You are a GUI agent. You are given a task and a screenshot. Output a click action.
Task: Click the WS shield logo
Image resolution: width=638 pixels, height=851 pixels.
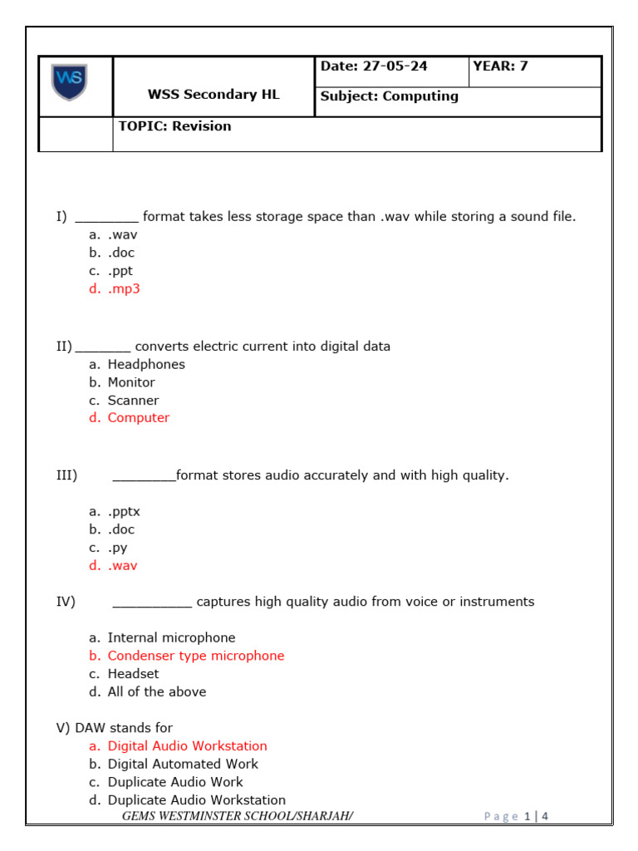tap(69, 82)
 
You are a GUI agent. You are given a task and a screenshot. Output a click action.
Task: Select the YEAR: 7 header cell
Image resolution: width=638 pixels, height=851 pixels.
tap(500, 66)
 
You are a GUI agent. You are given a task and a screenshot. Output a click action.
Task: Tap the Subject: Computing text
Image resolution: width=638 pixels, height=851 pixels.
tap(390, 96)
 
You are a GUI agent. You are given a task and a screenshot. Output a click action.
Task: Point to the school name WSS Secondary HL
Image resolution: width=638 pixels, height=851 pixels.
tap(213, 95)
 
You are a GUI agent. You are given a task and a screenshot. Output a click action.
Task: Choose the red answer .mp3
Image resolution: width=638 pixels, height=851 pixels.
tap(124, 289)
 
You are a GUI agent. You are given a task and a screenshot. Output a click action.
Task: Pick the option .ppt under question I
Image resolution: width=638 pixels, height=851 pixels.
tap(120, 271)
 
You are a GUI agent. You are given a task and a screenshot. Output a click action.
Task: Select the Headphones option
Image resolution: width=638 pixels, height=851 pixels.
tap(146, 364)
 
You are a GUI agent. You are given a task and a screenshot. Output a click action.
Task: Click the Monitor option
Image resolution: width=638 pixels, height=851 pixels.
tap(131, 382)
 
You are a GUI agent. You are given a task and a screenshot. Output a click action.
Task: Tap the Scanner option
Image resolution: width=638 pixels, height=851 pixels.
tap(133, 401)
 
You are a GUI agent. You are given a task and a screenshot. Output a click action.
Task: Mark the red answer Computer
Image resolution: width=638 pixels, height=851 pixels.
tap(138, 418)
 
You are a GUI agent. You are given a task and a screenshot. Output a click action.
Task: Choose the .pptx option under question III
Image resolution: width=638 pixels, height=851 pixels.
tap(124, 512)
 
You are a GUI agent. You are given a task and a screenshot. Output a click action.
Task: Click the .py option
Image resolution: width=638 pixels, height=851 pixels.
tap(117, 548)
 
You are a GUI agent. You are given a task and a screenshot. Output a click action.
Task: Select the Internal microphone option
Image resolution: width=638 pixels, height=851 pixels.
tap(171, 638)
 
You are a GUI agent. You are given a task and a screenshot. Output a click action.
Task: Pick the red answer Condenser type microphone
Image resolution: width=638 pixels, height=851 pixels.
tap(195, 656)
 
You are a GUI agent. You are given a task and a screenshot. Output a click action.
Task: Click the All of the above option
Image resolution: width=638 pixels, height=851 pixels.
tap(156, 691)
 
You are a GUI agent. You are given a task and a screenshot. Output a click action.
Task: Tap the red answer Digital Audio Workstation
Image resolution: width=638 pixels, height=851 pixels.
tap(187, 746)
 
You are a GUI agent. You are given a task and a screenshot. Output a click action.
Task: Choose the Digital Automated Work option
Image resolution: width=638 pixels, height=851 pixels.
tap(183, 764)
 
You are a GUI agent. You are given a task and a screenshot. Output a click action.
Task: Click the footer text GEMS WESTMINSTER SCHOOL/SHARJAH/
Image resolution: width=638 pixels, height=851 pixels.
tap(238, 816)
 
